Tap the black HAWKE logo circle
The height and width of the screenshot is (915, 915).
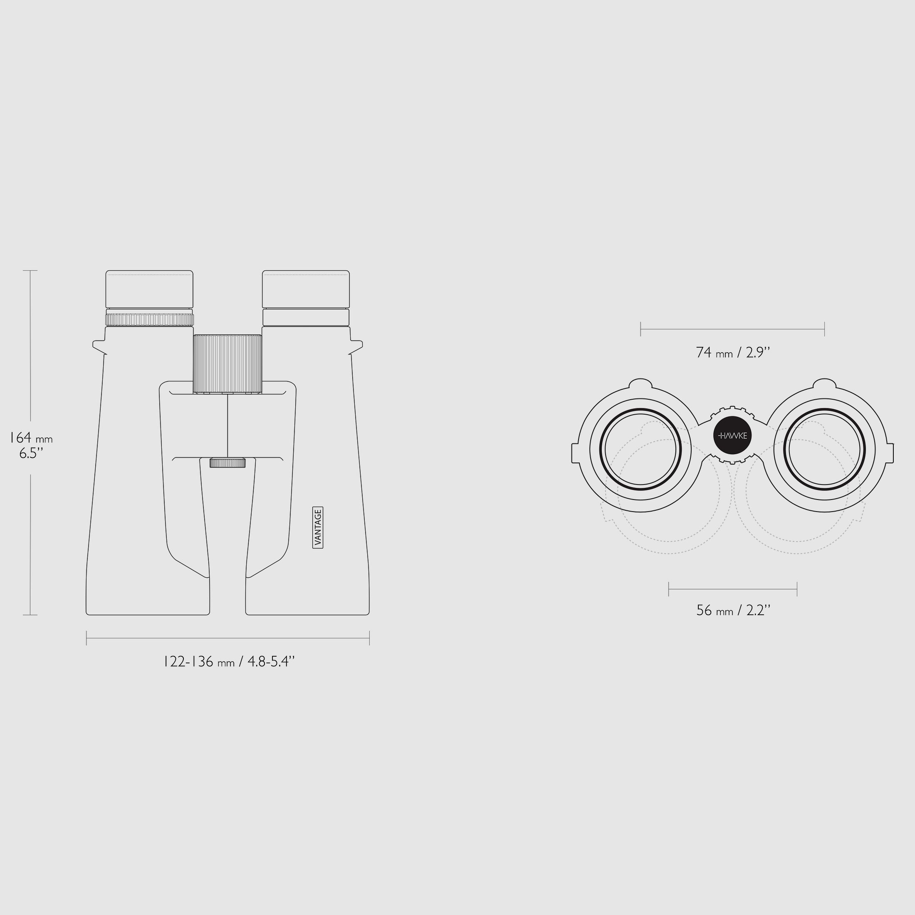point(732,435)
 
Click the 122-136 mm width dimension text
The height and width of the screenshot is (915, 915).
point(229,662)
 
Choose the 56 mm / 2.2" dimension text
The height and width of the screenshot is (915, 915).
point(733,611)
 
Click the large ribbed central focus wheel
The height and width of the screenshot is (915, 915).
point(228,364)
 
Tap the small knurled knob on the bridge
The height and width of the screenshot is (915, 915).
point(228,463)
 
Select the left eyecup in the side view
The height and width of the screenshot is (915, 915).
point(149,289)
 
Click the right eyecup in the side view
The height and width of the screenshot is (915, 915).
point(306,289)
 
